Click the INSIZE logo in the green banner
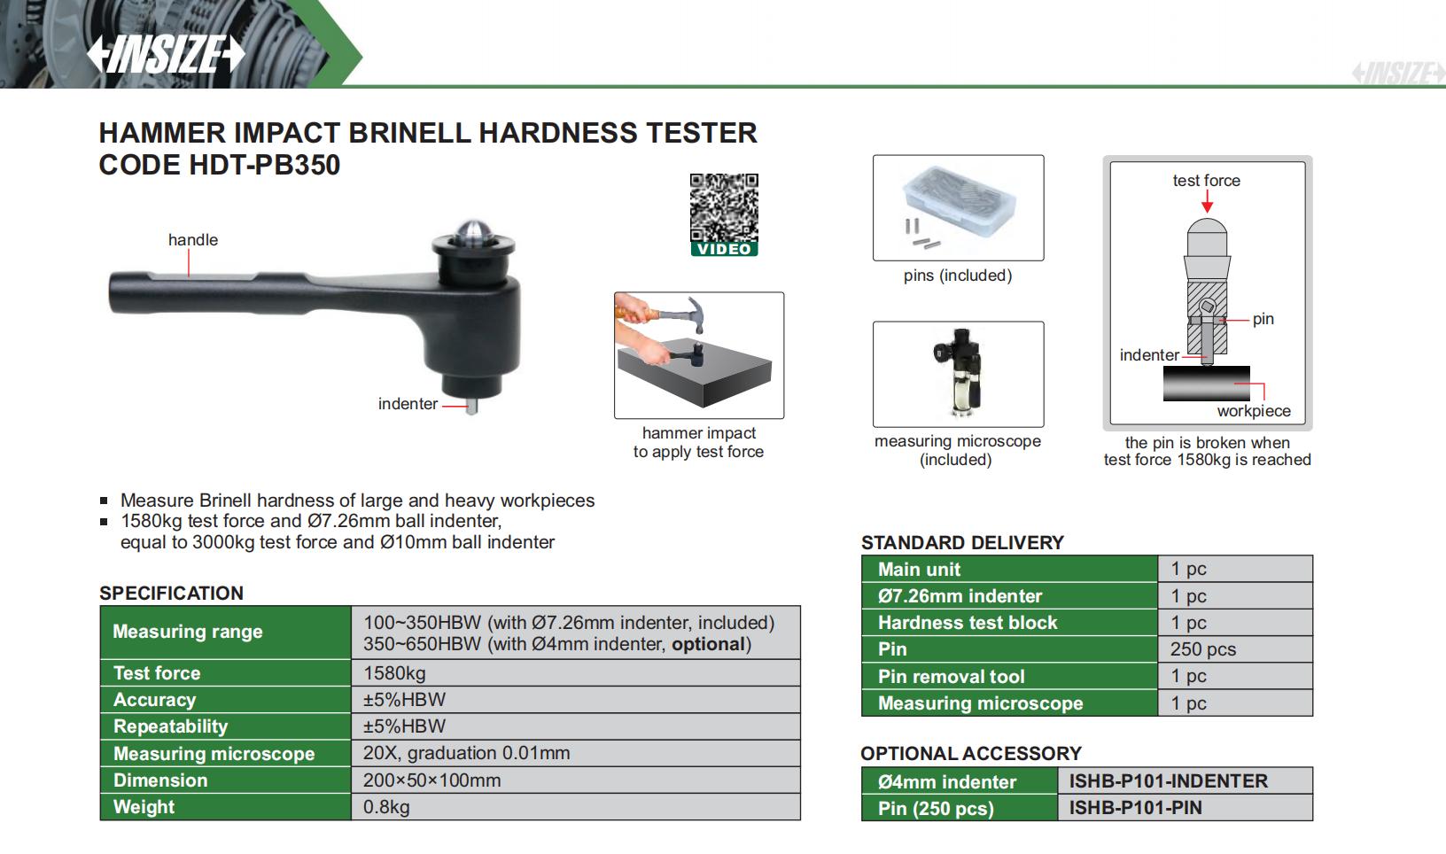166,53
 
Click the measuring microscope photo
959,373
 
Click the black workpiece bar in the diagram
1207,383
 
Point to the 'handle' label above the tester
193,239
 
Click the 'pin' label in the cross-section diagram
1263,319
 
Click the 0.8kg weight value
386,807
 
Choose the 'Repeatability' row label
170,726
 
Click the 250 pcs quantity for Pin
1203,649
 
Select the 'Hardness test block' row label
968,622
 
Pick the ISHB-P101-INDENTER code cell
1169,781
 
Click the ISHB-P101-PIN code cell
1136,808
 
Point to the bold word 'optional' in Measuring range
709,644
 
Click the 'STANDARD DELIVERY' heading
962,543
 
